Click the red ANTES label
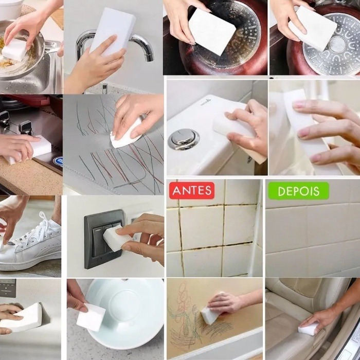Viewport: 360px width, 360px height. click(x=192, y=191)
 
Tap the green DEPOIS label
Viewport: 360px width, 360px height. click(x=298, y=191)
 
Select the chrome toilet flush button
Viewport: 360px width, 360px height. click(x=184, y=139)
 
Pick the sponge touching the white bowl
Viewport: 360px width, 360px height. click(x=91, y=317)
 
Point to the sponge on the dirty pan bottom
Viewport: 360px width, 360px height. click(x=212, y=31)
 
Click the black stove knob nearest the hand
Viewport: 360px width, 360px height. click(x=26, y=127)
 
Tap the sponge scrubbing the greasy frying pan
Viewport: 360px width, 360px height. click(x=14, y=49)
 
